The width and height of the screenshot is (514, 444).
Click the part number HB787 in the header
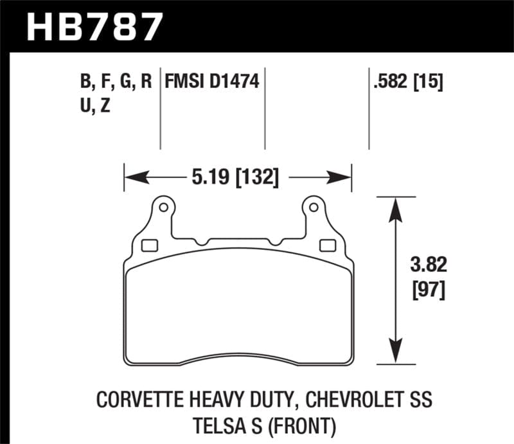[94, 25]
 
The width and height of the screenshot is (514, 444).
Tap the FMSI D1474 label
[211, 82]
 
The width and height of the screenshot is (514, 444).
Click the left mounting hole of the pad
[163, 208]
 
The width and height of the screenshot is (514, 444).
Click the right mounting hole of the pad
[313, 208]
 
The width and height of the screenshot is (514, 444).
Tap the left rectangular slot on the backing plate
[150, 244]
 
